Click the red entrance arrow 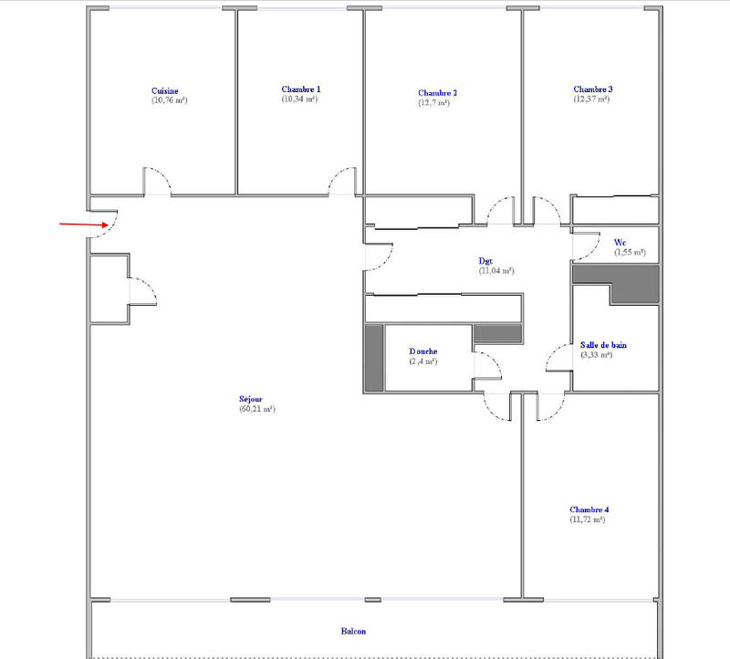86,224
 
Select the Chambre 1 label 300,89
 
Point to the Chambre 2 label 437,93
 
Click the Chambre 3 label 592,89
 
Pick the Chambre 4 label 589,509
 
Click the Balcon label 354,631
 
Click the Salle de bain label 603,345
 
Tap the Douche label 423,351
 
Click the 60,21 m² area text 255,410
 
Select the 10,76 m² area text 170,100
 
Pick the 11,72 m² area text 589,519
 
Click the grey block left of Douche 373,358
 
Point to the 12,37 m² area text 592,99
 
